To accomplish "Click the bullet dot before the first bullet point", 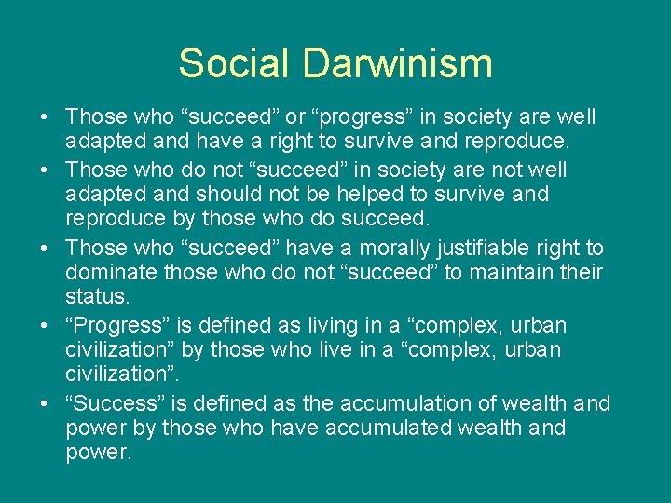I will tap(45, 118).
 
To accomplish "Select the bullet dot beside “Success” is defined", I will tap(45, 404).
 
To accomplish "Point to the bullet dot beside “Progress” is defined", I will tap(45, 327).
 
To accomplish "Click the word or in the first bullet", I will tap(295, 117).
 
